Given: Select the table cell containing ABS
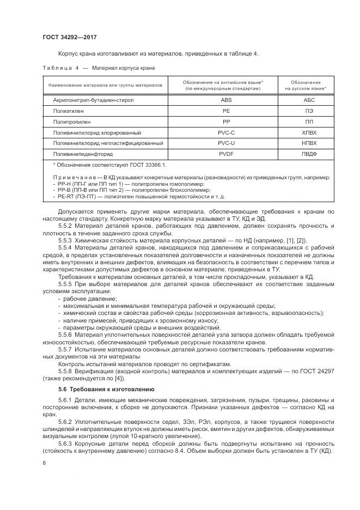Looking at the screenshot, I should coord(225,101).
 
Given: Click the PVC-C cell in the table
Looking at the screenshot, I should coord(225,132).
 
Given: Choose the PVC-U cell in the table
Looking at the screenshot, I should coord(225,143).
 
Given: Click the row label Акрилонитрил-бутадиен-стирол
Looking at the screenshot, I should coord(93,101).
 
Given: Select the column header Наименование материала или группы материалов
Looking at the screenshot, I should coord(105,86).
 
